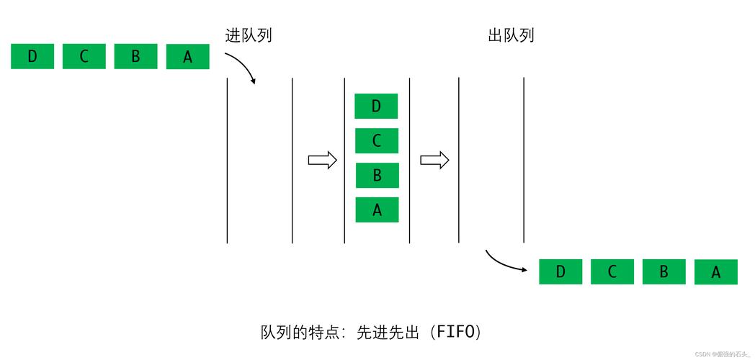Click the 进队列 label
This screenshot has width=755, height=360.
[x=249, y=35]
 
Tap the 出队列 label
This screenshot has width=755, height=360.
[x=511, y=35]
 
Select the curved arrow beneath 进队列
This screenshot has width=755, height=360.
[x=241, y=68]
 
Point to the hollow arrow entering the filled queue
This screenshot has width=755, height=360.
[x=322, y=160]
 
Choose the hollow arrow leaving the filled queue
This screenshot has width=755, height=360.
[x=434, y=160]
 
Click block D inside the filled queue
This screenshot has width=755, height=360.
[x=376, y=107]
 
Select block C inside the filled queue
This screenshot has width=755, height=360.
[x=376, y=140]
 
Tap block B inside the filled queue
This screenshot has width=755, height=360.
[x=377, y=175]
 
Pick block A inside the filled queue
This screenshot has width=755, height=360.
[x=377, y=210]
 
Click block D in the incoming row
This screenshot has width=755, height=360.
[x=32, y=56]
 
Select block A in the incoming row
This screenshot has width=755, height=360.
[x=187, y=57]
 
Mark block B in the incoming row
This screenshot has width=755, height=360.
[x=135, y=56]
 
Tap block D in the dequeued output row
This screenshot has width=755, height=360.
[x=560, y=271]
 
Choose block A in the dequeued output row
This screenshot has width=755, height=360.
[x=716, y=272]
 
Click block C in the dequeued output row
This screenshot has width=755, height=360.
[x=612, y=271]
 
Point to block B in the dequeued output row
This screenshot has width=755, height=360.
[x=664, y=271]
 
